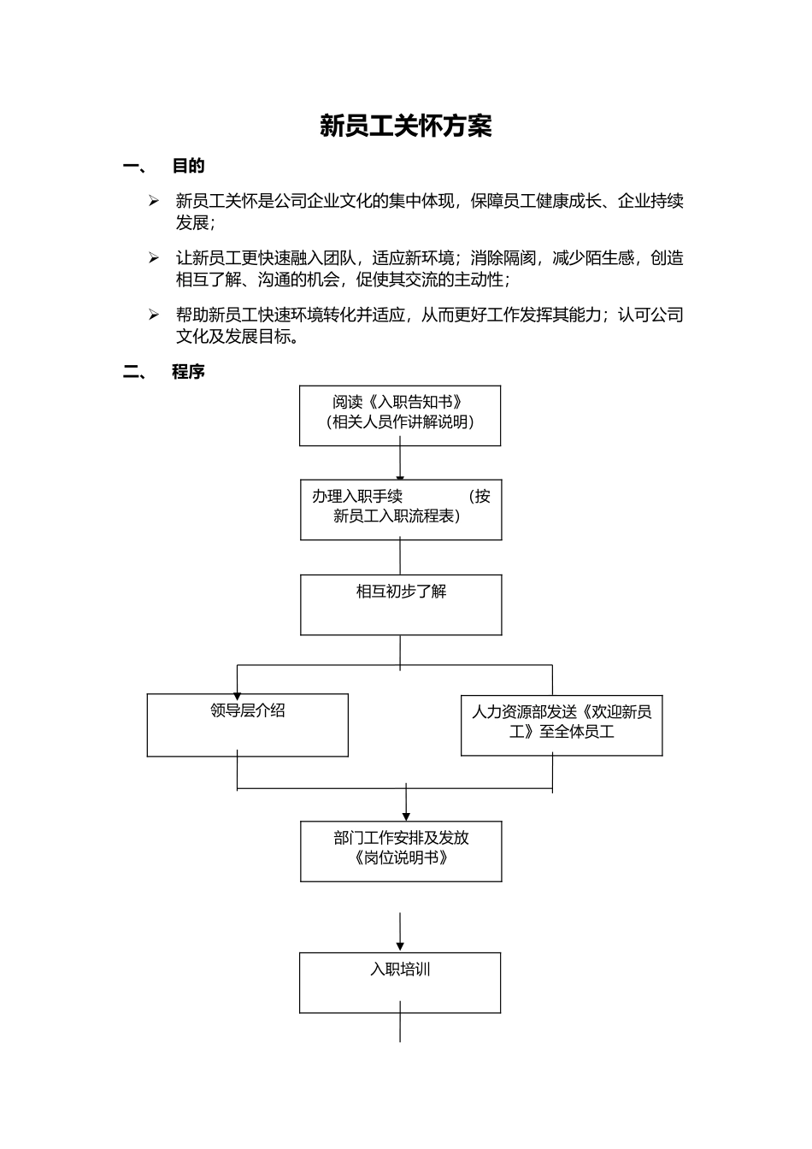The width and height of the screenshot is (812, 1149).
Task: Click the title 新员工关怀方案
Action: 405,127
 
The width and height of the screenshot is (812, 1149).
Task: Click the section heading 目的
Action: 188,166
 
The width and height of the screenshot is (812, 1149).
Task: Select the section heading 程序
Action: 188,372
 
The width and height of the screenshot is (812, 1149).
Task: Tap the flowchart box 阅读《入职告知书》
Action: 400,415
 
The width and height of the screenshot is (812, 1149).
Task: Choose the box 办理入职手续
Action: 401,510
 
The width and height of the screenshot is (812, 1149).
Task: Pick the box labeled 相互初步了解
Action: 401,604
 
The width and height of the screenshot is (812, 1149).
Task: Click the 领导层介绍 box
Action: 248,725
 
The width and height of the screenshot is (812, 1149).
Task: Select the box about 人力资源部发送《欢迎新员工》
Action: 562,725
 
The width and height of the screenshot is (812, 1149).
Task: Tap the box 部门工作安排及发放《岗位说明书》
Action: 401,851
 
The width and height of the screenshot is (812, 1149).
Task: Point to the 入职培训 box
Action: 400,983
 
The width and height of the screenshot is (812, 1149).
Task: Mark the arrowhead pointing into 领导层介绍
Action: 238,695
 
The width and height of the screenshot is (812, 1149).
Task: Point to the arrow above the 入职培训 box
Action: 400,932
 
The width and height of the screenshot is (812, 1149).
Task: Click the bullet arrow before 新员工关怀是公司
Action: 154,202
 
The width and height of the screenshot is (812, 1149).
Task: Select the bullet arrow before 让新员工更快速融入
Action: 154,258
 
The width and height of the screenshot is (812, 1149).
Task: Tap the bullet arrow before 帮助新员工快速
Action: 154,315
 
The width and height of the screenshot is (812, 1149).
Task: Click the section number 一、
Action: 135,167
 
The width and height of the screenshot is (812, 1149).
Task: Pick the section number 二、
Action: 135,372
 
